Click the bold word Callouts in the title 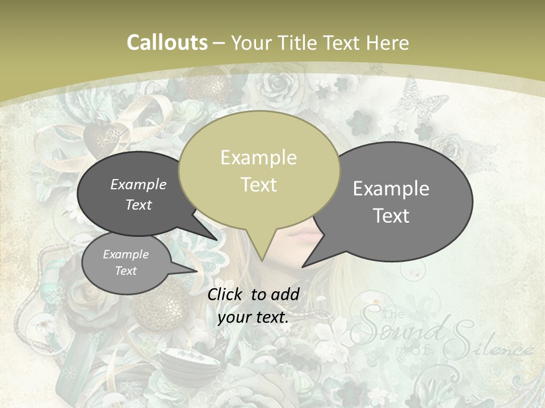[x=167, y=42]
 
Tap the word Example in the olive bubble [x=259, y=158]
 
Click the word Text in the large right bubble [x=391, y=215]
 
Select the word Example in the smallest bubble [x=125, y=254]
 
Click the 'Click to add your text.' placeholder [x=253, y=305]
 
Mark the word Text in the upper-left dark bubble [x=139, y=205]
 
